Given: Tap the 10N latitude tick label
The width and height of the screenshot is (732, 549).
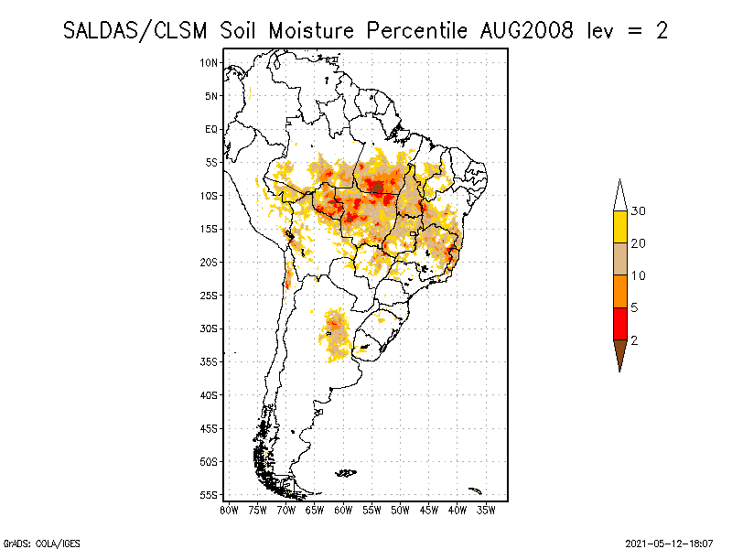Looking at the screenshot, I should [210, 62].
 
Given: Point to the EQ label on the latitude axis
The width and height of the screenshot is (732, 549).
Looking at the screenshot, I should [211, 129].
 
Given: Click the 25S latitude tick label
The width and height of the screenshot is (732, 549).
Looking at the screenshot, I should [210, 295].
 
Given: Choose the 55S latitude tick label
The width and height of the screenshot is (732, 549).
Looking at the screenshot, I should [210, 494].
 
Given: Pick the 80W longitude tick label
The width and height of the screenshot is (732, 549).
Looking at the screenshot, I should [229, 510].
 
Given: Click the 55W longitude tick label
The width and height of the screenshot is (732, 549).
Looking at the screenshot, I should [371, 510].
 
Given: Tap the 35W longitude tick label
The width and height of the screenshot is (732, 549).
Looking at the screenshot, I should [486, 510].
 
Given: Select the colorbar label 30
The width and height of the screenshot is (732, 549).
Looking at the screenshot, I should [639, 211].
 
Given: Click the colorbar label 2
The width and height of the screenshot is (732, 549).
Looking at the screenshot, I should [634, 340].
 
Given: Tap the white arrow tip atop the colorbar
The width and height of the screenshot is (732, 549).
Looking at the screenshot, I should [619, 195].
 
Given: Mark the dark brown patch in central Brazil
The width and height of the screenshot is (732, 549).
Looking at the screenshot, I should [376, 188].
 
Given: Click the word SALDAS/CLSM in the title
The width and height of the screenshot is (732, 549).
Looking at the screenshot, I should [138, 30].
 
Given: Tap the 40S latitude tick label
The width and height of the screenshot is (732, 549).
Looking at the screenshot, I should [210, 394].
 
